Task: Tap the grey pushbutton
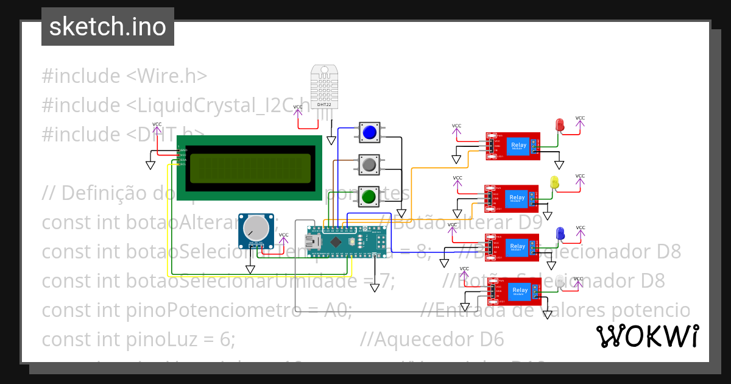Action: pos(369,165)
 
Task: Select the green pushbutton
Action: pos(369,196)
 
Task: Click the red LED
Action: pos(560,124)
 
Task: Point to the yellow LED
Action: pos(554,182)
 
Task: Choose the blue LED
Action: pos(560,233)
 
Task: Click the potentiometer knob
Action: pos(255,229)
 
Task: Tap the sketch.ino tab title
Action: pos(108,27)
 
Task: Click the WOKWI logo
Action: pos(647,336)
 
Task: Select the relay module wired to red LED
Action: pos(513,146)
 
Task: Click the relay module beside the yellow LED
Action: pos(512,198)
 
